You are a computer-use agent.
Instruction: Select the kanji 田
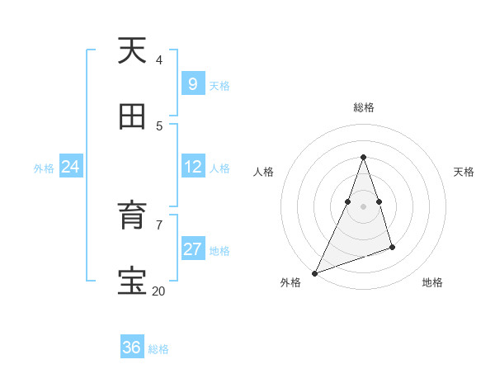132,117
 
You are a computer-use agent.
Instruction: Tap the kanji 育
132,216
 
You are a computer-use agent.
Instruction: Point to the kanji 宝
132,282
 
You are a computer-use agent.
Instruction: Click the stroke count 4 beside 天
158,59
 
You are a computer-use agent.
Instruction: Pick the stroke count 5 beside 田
158,125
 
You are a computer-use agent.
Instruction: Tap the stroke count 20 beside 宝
158,291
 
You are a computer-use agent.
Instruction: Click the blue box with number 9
192,84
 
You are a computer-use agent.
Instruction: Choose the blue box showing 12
192,167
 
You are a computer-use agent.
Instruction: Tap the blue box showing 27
192,249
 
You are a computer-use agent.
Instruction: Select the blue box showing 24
70,167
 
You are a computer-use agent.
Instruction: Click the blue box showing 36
132,348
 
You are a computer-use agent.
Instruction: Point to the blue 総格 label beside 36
158,349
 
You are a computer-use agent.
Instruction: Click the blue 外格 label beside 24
44,168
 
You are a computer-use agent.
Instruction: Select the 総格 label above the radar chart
363,107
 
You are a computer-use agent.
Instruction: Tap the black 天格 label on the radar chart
464,172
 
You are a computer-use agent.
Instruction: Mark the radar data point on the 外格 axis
314,273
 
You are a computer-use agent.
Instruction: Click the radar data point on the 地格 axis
392,247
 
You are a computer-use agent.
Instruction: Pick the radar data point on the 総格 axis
363,157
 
